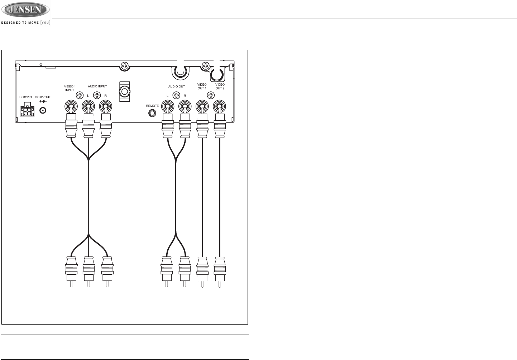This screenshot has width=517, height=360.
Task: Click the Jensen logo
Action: tap(25, 10)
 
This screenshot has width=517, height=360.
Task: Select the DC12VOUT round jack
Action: tap(43, 111)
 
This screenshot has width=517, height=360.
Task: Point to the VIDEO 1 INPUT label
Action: tap(70, 88)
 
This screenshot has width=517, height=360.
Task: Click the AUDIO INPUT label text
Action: tap(97, 86)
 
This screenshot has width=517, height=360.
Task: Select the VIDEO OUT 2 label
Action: tap(220, 86)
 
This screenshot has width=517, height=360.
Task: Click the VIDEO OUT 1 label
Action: tap(202, 86)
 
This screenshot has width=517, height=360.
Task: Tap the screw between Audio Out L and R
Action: tap(176, 95)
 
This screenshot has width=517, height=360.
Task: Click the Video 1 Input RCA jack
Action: tap(70, 107)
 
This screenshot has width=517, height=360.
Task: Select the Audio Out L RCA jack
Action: tap(167, 107)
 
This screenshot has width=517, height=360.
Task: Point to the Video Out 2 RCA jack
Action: tap(219, 107)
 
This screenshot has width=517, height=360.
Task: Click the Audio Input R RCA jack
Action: tap(105, 107)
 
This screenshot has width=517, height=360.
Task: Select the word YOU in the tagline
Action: tap(45, 23)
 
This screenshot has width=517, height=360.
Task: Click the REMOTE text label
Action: tap(152, 106)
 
